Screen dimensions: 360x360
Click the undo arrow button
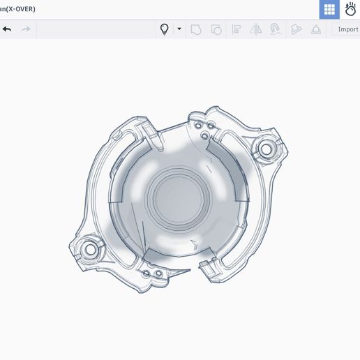click(7, 29)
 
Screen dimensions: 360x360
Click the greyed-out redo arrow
click(27, 29)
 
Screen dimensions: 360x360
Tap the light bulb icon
click(165, 29)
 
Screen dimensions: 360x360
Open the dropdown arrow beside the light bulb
click(179, 29)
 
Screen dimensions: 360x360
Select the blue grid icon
click(329, 9)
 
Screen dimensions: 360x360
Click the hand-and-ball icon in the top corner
click(350, 9)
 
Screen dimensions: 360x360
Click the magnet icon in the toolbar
click(275, 29)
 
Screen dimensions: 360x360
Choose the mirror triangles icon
click(256, 29)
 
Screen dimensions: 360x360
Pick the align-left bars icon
click(237, 29)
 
